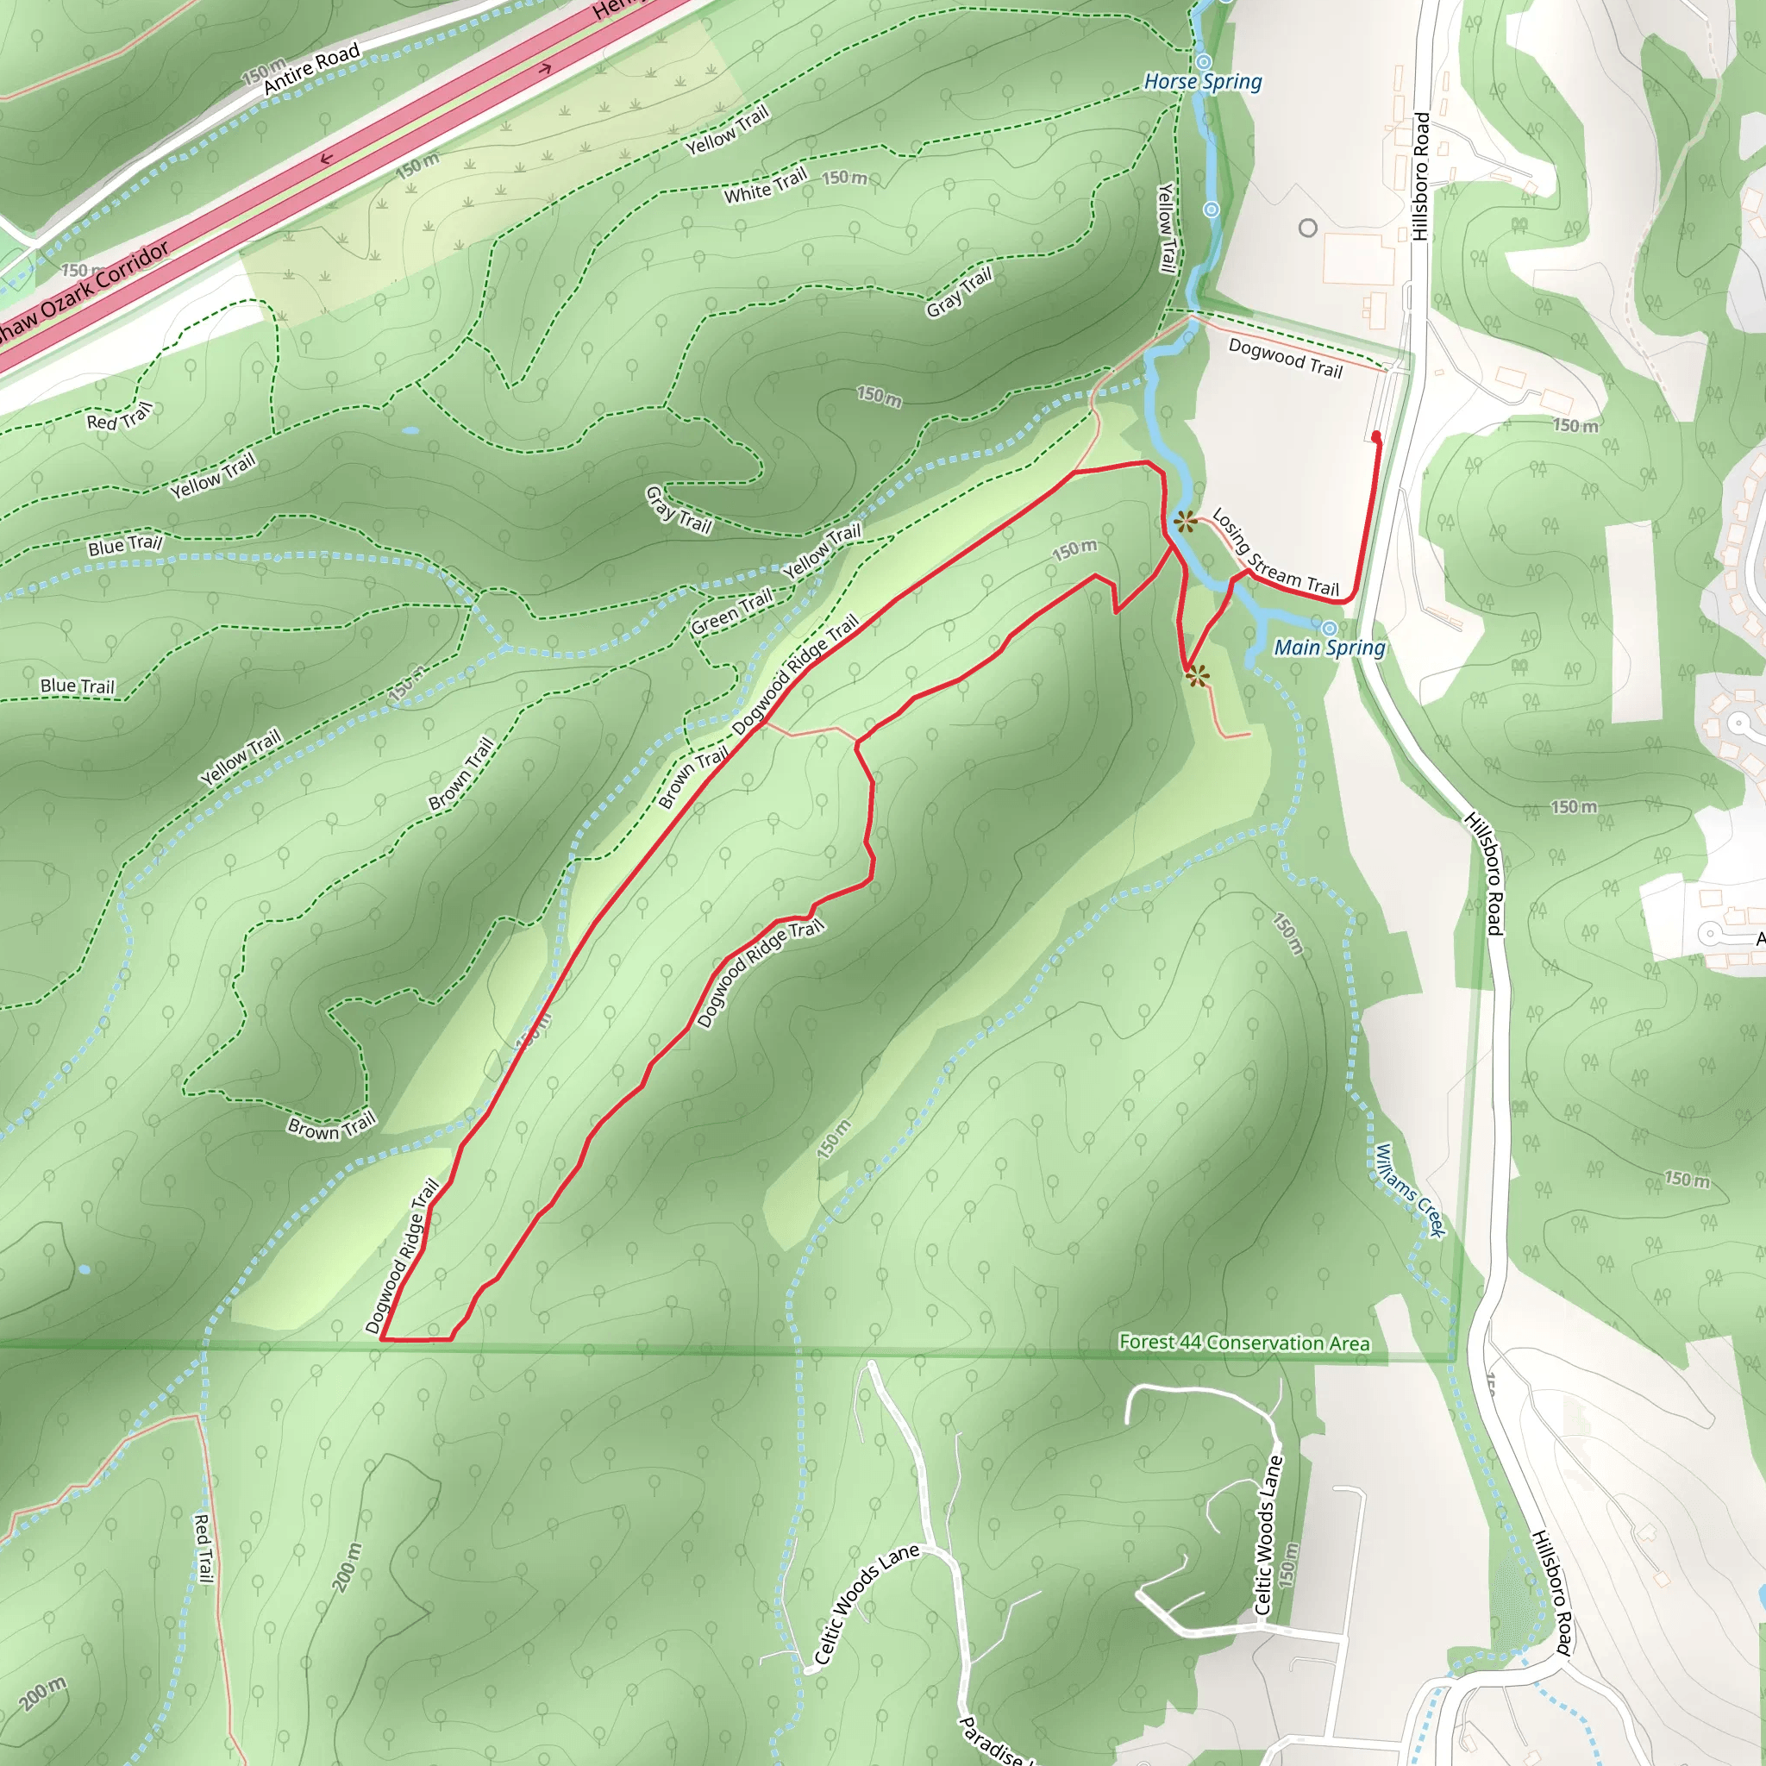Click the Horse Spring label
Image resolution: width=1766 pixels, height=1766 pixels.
(1202, 82)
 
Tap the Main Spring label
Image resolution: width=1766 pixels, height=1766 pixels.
(1329, 648)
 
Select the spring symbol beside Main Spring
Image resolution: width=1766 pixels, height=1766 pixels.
(1329, 628)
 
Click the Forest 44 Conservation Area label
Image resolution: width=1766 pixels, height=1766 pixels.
(1244, 1343)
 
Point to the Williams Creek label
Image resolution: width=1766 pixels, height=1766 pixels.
(1410, 1191)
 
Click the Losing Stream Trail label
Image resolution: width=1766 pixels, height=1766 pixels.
(1275, 554)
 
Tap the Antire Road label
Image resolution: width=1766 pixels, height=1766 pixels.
(310, 70)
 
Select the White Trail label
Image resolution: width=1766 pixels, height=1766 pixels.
(765, 185)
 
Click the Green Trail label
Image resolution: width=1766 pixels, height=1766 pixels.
(731, 611)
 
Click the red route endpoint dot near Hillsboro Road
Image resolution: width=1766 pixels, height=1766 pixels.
(1376, 437)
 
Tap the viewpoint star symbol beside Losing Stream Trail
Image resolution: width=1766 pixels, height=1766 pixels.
(1186, 522)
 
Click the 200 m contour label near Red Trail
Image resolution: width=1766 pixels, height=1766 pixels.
(348, 1567)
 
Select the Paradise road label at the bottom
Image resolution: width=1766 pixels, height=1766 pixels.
(992, 1742)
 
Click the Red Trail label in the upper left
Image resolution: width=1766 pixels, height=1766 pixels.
(119, 417)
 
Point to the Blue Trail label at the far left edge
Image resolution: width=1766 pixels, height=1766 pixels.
(78, 686)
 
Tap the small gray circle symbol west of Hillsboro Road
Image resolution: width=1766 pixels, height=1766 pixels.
(1308, 228)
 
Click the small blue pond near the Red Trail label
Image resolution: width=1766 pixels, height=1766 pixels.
(410, 429)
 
